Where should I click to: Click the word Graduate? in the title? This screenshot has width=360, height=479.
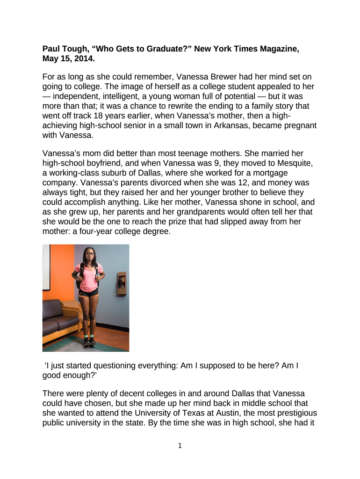pos(157,49)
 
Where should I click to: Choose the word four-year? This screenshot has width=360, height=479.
pos(99,232)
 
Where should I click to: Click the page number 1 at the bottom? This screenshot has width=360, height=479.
pos(180,446)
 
